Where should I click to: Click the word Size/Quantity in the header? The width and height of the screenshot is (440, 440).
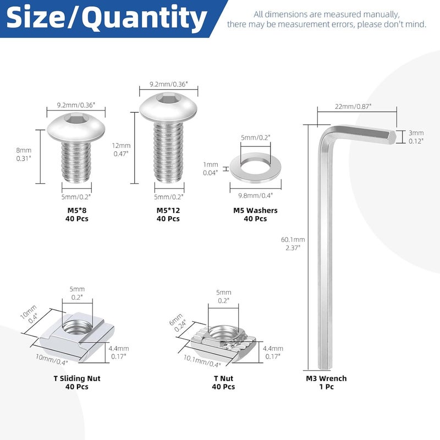tap(107, 19)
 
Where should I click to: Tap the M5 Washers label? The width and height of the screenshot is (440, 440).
tap(255, 210)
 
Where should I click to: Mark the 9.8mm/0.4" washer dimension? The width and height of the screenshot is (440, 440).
tap(255, 194)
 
